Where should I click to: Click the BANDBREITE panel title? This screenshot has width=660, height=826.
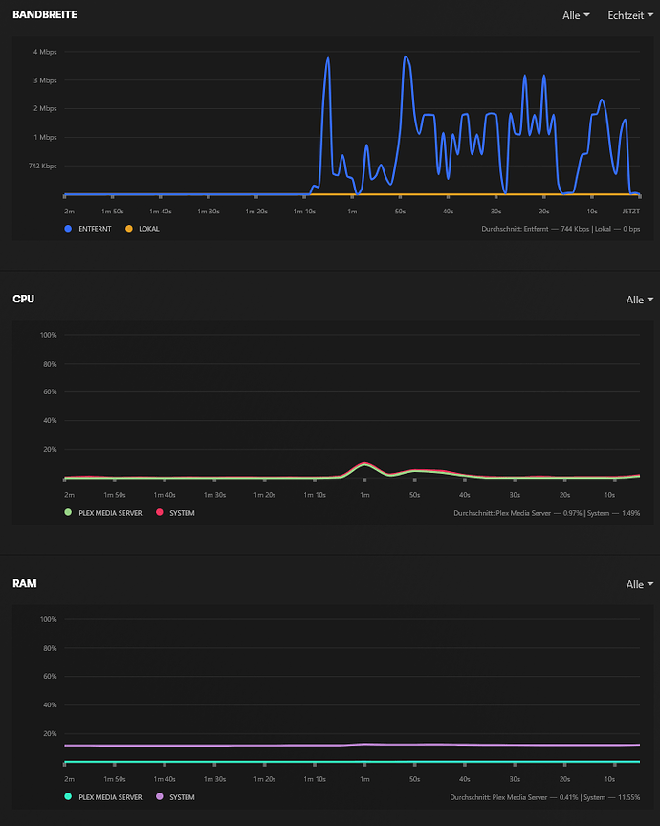pos(45,15)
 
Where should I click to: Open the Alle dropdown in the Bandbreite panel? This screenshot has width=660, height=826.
pos(576,16)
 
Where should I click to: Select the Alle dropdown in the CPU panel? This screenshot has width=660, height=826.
pos(640,300)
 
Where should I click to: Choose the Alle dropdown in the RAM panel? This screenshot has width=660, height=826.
pos(640,584)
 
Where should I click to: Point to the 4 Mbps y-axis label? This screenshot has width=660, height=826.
pos(46,51)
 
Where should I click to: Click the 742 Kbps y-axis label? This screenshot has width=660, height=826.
pos(42,166)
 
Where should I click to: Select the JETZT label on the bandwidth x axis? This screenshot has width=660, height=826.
pos(631,210)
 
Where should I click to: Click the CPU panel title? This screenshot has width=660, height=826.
pos(23,300)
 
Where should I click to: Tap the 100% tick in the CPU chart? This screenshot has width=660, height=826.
pos(48,335)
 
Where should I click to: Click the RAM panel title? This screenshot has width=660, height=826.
pos(24,583)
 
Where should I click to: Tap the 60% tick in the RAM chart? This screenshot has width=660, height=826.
pos(49,676)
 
